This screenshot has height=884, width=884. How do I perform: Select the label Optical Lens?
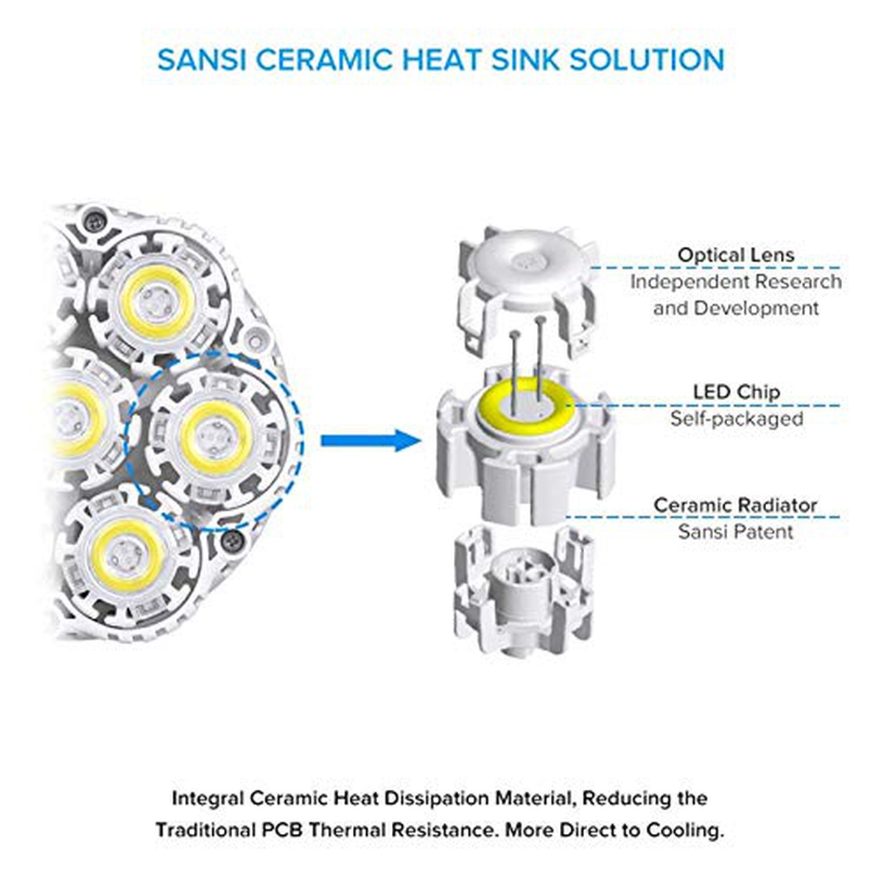(736, 256)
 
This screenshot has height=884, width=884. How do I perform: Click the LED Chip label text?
(736, 392)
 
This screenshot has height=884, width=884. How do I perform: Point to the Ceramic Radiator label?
(735, 505)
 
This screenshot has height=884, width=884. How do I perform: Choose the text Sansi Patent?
(735, 532)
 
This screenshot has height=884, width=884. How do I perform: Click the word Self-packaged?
(736, 418)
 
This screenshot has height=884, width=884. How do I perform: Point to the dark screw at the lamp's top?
(94, 220)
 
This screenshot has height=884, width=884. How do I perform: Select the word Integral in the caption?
(208, 799)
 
